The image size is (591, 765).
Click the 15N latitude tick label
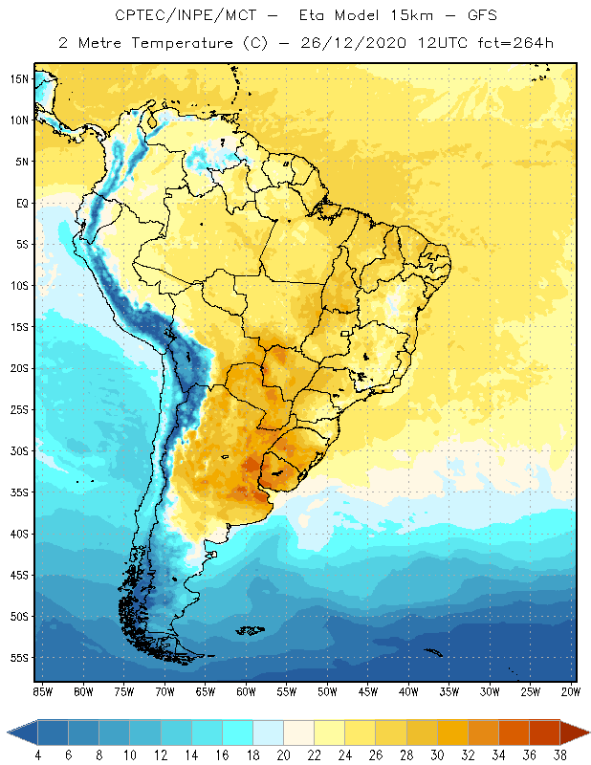(18, 78)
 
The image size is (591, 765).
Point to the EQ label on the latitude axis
(20, 203)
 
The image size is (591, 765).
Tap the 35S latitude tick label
(18, 492)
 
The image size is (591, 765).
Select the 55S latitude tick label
(18, 657)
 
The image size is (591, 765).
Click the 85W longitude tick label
(43, 690)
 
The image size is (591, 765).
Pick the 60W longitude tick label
(246, 690)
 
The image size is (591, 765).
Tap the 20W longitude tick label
(570, 690)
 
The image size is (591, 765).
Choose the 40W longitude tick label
(408, 690)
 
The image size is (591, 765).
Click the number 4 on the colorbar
(38, 756)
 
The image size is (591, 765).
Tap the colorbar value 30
(437, 756)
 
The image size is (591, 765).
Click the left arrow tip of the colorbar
(9, 733)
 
